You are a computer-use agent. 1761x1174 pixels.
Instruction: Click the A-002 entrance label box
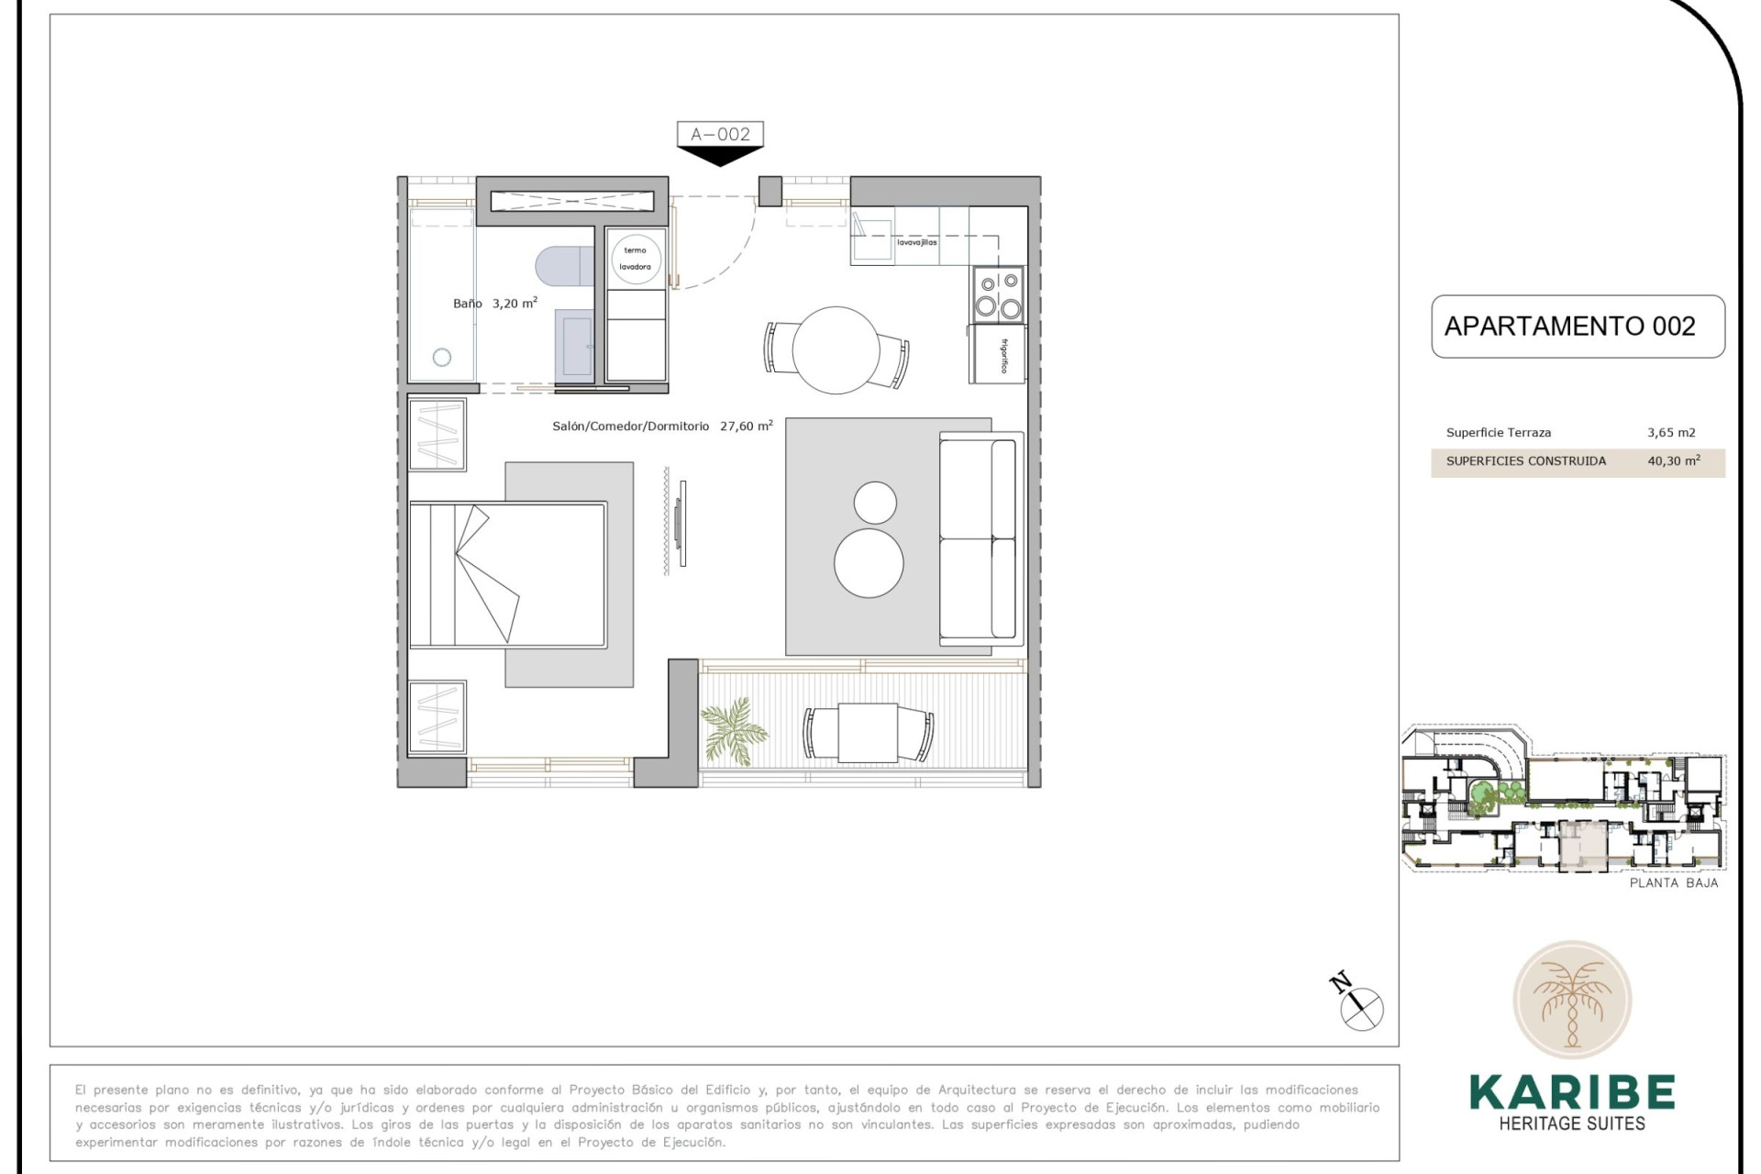point(720,134)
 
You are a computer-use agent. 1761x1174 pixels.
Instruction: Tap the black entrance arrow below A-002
point(720,157)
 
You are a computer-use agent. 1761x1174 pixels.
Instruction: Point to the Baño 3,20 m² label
point(495,303)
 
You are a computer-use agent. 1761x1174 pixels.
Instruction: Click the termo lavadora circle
point(635,259)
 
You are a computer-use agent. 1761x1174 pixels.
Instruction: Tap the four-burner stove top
point(998,294)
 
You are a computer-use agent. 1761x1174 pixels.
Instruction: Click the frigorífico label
point(1004,356)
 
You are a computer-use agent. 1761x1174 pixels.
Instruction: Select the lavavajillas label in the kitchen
point(916,243)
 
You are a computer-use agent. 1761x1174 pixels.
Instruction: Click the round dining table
point(836,350)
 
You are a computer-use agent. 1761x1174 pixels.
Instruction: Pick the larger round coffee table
point(869,563)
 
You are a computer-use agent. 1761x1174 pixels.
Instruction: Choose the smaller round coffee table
point(875,503)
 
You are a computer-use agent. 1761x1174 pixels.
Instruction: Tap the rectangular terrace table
point(868,733)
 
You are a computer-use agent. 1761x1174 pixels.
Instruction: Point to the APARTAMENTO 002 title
point(1569,327)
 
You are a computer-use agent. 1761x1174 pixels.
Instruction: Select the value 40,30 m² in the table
point(1673,461)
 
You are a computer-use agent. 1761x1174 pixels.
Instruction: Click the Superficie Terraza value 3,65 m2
point(1671,433)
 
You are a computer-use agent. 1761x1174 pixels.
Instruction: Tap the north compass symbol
point(1360,1007)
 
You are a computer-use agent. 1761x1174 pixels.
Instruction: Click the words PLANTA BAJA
point(1673,883)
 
